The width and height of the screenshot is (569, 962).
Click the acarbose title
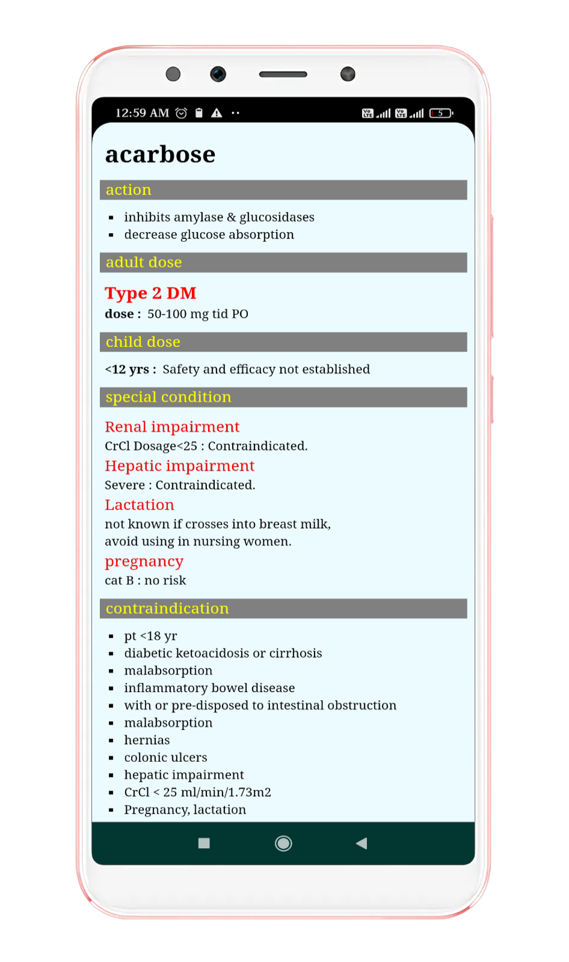point(160,154)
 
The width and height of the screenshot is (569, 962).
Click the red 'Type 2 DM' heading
point(151,293)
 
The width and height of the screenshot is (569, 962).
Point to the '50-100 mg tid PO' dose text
point(197,314)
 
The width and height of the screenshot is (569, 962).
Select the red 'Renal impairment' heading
point(172,427)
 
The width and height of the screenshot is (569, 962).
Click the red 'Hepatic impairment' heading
point(179,466)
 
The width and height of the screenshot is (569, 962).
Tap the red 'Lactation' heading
point(139,505)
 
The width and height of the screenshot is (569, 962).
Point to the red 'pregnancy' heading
point(144,562)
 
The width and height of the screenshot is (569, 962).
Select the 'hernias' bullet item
point(147,740)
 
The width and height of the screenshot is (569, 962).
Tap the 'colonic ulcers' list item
point(165,757)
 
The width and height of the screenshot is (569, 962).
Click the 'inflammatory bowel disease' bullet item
point(209,688)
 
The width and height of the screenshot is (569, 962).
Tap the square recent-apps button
point(204,843)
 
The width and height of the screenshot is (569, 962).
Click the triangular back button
point(361,843)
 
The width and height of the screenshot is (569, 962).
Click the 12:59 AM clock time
point(142,113)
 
